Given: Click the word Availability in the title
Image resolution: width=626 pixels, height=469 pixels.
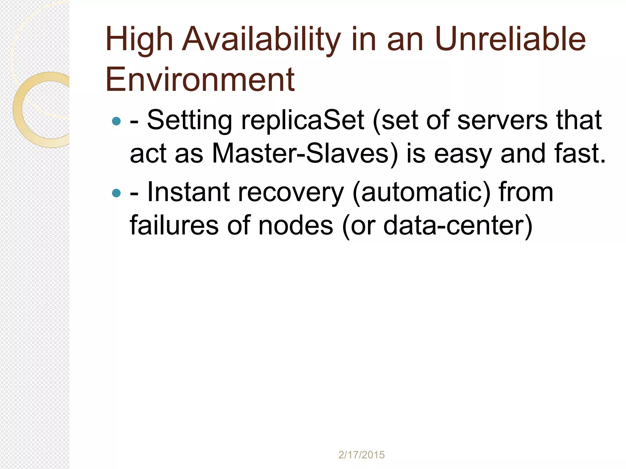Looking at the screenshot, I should pos(261,40).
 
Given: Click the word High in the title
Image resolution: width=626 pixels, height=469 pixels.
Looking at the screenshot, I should pos(139,40).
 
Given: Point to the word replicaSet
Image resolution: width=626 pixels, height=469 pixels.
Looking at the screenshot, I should pos(303,121).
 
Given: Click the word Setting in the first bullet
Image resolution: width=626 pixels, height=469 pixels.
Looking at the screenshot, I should pos(190,121).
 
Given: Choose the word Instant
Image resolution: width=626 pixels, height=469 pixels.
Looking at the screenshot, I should pos(188,192).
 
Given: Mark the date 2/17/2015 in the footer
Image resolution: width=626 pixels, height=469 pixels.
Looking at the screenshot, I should pos(361,455).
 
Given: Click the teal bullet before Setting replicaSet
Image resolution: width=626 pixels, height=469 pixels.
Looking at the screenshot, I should pos(116,121).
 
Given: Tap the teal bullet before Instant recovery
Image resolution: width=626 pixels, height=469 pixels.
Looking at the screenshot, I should pos(116,193).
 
